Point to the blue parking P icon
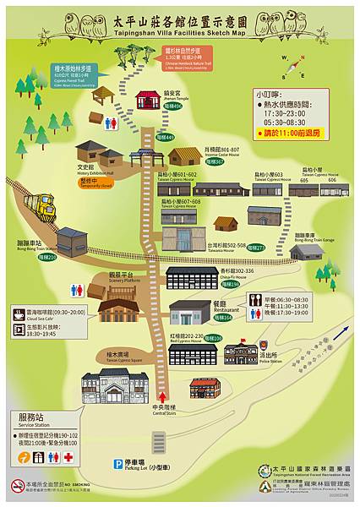[118, 463]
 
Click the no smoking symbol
[18, 486]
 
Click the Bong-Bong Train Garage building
[307, 250]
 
